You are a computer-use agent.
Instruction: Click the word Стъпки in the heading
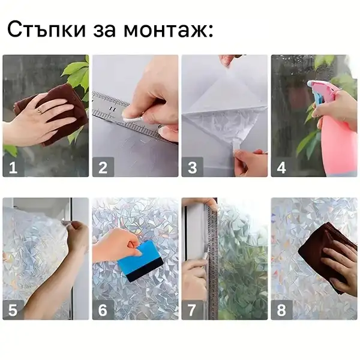point(47,29)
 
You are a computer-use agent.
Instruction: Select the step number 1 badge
point(13,167)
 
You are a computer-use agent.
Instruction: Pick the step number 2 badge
point(103,167)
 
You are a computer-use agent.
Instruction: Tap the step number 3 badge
point(193,167)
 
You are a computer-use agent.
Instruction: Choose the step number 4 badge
point(281,167)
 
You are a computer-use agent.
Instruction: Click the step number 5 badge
point(13,310)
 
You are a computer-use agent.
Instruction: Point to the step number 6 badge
point(103,310)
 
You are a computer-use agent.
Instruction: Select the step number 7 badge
point(193,310)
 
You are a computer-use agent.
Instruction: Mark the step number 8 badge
point(281,310)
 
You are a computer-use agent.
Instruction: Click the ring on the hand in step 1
point(40,111)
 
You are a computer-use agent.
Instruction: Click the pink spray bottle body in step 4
point(337,142)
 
